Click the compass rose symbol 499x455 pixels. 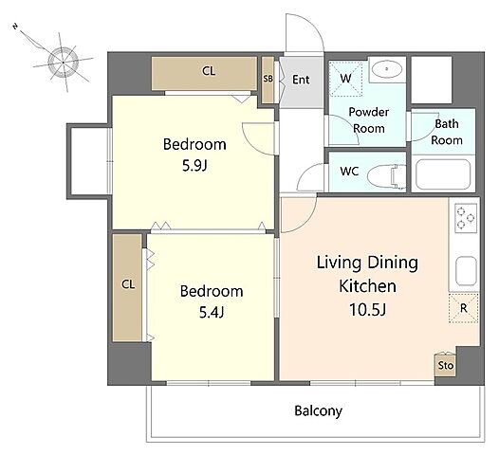click(63, 63)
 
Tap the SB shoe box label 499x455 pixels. click(268, 79)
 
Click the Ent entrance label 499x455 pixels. click(301, 80)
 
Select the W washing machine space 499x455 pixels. click(345, 79)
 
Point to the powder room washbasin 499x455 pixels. click(387, 69)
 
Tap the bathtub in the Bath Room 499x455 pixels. click(443, 174)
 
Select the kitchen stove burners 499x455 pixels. click(466, 218)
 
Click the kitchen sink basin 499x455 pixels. click(466, 271)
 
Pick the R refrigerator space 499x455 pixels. click(464, 308)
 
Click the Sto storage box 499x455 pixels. click(445, 365)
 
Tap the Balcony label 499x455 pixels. click(318, 410)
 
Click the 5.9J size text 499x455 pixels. click(194, 166)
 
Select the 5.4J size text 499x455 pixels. click(212, 313)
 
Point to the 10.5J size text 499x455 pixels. click(367, 309)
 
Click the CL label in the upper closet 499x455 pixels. click(209, 71)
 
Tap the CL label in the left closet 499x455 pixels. click(128, 284)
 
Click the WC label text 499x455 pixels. click(349, 172)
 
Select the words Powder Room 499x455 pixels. click(369, 120)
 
